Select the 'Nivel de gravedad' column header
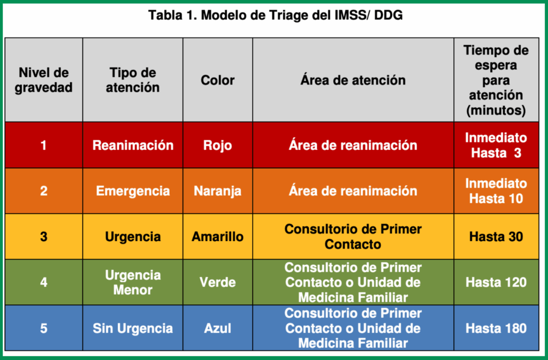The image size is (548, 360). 44,80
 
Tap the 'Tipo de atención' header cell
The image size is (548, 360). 133,80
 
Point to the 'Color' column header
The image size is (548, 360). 217,80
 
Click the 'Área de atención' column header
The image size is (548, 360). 353,80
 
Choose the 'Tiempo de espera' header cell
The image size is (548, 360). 496,80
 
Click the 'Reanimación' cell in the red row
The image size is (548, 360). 133,145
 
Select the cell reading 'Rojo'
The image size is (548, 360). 217,145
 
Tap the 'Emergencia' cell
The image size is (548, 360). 133,191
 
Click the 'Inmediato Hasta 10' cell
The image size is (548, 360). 496,191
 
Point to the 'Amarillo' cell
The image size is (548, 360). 217,237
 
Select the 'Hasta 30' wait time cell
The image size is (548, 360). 496,237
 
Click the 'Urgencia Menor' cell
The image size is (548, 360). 133,282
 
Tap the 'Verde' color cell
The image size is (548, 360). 217,282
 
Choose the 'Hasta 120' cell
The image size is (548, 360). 496,282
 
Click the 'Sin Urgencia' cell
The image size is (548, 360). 133,328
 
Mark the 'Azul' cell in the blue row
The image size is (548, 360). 217,328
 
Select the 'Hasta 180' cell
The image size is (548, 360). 496,328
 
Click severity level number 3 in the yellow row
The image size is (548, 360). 44,237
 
